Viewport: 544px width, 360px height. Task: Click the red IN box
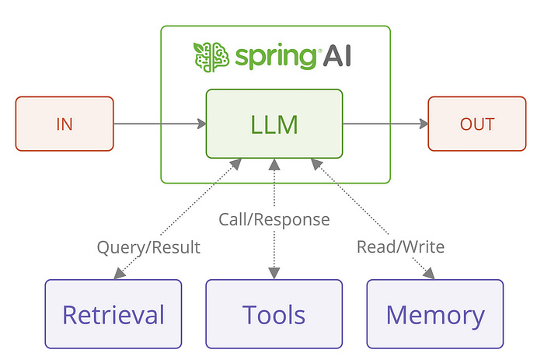(65, 123)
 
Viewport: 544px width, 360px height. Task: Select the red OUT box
(476, 123)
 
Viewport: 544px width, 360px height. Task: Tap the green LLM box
(274, 123)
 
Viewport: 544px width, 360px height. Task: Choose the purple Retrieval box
(113, 314)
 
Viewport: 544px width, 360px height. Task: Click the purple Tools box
(274, 314)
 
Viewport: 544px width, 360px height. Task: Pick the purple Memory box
(434, 314)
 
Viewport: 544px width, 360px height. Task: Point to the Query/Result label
(148, 247)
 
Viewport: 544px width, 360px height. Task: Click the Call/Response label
(274, 219)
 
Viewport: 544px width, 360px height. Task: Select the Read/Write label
(400, 247)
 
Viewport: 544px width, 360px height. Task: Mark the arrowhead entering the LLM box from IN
(201, 123)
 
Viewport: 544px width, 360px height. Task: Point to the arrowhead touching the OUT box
(423, 123)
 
